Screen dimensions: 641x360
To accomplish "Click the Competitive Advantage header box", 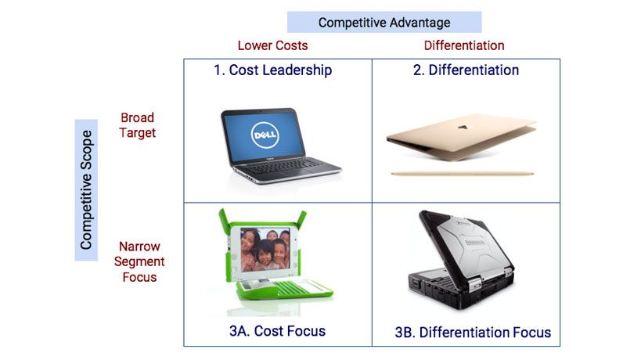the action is pyautogui.click(x=384, y=22).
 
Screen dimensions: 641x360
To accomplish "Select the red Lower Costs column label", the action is pyautogui.click(x=272, y=45).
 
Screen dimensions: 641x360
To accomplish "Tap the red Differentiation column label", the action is pyautogui.click(x=464, y=45).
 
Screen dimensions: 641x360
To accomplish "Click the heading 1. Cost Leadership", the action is pyautogui.click(x=272, y=70).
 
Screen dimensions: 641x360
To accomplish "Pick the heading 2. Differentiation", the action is pyautogui.click(x=466, y=70).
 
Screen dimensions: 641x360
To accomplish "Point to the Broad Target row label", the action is pyautogui.click(x=138, y=125).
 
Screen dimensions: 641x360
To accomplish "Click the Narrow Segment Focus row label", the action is pyautogui.click(x=139, y=261).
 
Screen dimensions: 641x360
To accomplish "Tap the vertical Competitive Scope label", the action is pyautogui.click(x=86, y=189).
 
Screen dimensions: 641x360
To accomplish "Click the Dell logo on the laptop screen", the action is pyautogui.click(x=265, y=135).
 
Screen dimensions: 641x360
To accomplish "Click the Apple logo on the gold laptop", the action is pyautogui.click(x=463, y=127).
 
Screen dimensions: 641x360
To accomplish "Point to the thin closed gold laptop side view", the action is pyautogui.click(x=463, y=174).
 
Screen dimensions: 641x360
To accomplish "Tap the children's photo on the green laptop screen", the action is pyautogui.click(x=265, y=250).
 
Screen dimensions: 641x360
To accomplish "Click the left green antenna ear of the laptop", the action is pyautogui.click(x=224, y=220).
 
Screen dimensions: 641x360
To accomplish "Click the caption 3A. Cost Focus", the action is pyautogui.click(x=277, y=331).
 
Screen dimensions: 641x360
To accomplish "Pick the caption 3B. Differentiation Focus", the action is pyautogui.click(x=473, y=332).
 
